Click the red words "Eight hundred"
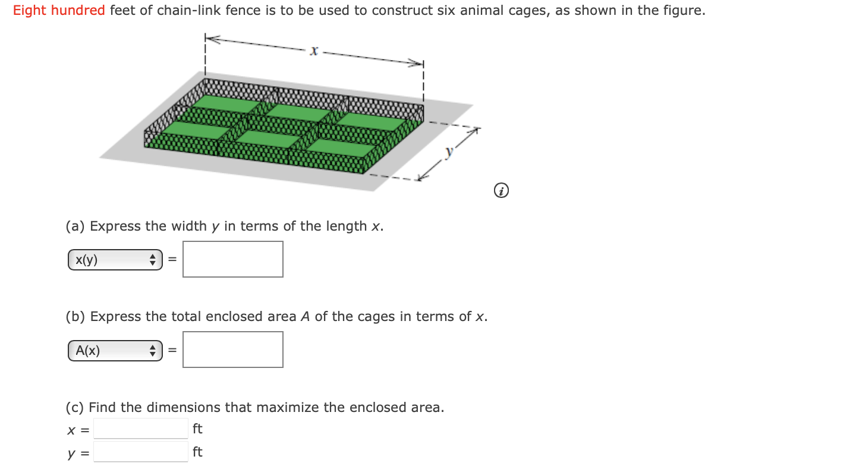(59, 11)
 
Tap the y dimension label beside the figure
(449, 152)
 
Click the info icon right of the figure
(502, 191)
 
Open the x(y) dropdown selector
(115, 260)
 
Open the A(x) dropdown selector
(115, 351)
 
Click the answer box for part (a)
(232, 259)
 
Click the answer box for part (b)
(232, 350)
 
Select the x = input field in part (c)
(141, 428)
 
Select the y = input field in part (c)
(141, 452)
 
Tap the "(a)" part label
(75, 226)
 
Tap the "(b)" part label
(75, 317)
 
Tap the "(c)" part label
(75, 408)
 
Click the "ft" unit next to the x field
(197, 429)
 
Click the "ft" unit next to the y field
(197, 452)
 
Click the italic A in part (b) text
(305, 317)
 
